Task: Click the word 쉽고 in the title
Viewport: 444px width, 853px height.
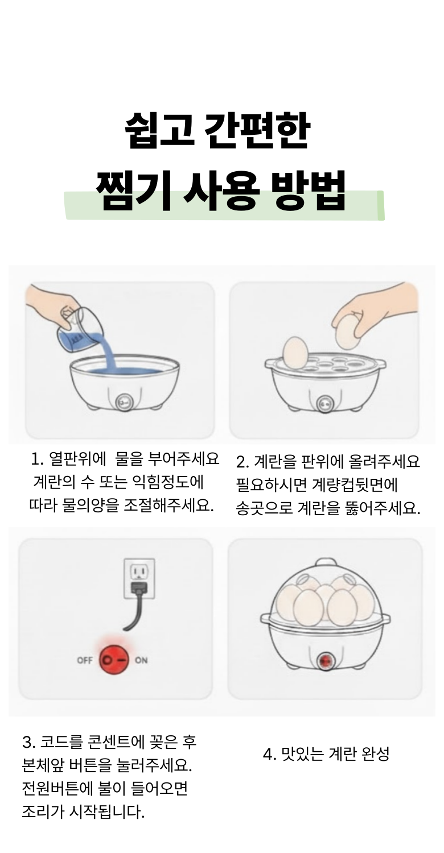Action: click(x=159, y=130)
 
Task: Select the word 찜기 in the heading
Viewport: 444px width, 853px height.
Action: click(x=133, y=191)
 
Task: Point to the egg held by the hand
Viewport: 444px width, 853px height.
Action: click(x=348, y=331)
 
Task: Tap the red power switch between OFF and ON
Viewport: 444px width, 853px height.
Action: click(x=114, y=660)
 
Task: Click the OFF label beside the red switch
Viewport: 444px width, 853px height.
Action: click(x=85, y=660)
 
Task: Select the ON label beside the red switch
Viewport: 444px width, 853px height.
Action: click(x=141, y=660)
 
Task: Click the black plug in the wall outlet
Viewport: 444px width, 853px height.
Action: click(x=139, y=589)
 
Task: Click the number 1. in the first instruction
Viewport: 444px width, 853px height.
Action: click(x=38, y=459)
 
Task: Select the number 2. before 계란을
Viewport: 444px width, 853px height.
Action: click(x=242, y=462)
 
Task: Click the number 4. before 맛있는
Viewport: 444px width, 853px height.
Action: click(x=269, y=753)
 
